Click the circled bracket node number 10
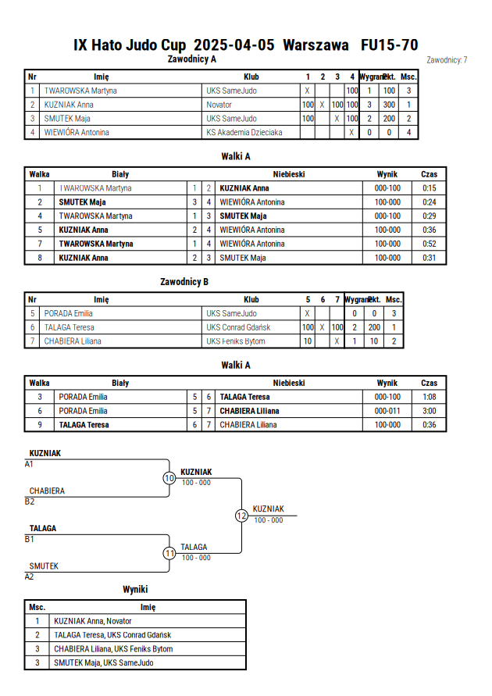coord(169,478)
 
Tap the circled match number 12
coord(241,516)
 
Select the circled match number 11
coord(169,554)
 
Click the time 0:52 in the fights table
coord(429,244)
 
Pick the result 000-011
coord(387,411)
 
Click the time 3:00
coord(429,411)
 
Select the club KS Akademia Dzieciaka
coord(244,132)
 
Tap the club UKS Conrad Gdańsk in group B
coord(238,327)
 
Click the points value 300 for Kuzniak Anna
coord(389,105)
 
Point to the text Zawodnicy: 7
coord(447,60)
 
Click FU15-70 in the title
coord(389,45)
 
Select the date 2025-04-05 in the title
coord(234,45)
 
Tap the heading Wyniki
coord(135,590)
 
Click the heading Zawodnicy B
coord(184,282)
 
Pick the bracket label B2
coord(30,501)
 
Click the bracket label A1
coord(29,464)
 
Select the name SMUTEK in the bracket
coord(44,566)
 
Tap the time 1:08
coord(429,397)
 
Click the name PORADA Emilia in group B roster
coord(68,313)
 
